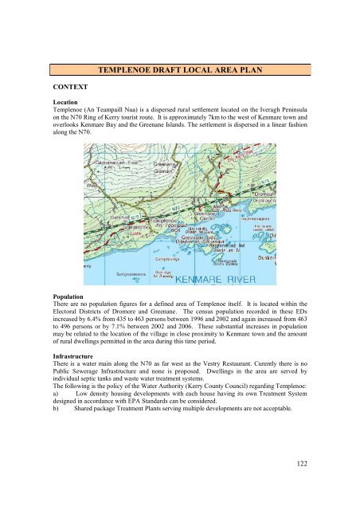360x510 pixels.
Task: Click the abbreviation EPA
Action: coord(134,401)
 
